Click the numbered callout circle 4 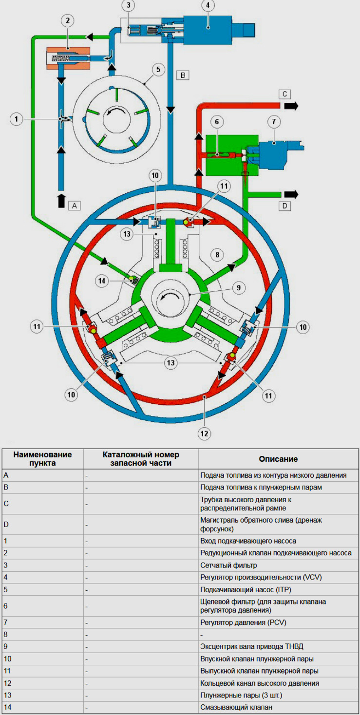coord(208,5)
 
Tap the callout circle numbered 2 coord(68,21)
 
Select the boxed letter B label coord(183,75)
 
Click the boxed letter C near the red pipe coord(284,94)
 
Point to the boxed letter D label coord(284,206)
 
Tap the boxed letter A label coord(75,206)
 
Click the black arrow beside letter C coord(291,106)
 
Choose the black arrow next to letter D coord(291,194)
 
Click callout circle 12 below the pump coord(204,433)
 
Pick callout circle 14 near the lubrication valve coord(102,281)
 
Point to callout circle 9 coord(238,288)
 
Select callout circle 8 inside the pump coord(217,254)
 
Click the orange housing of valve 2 coord(68,58)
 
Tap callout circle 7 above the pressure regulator coord(274,122)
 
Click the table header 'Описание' coord(278,459)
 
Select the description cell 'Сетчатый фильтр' coord(228,565)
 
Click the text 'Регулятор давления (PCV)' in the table coord(243,622)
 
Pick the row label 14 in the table coord(7,707)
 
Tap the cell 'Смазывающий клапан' coord(236,707)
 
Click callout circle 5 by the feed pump coord(158,70)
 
